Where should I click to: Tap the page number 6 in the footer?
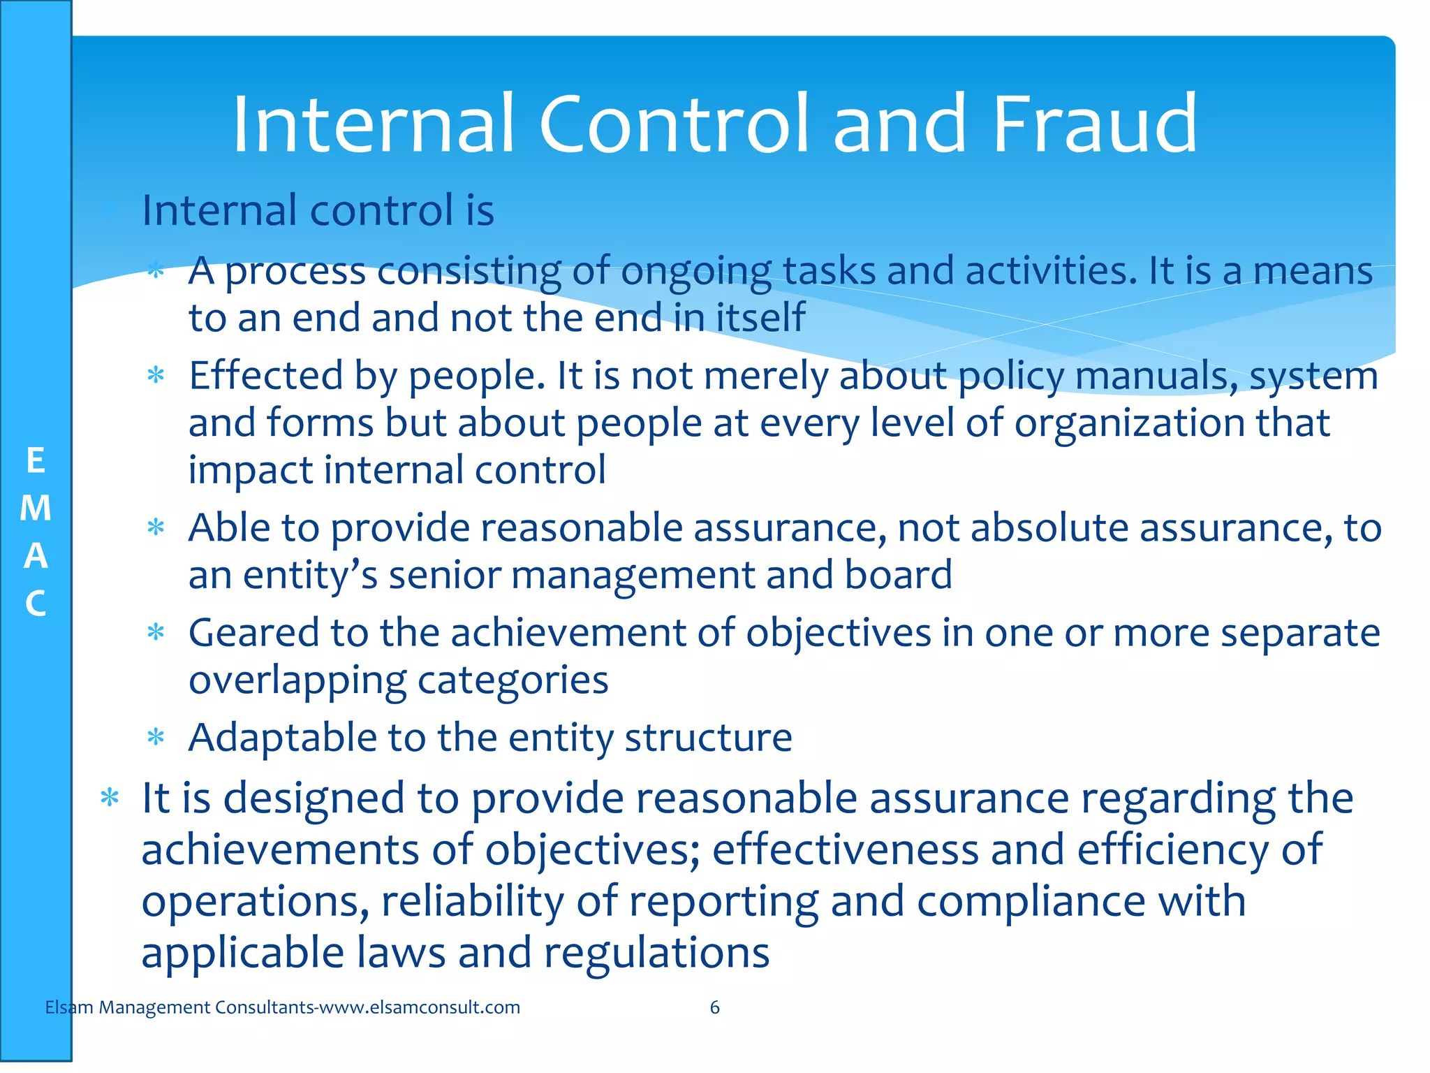pos(714,1007)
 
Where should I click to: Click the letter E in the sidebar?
pos(36,461)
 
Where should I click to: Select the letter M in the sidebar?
pos(36,508)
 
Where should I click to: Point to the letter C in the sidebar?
pos(36,604)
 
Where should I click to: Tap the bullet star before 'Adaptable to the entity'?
pos(156,738)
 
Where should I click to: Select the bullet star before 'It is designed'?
pos(110,798)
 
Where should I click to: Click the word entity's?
pos(310,575)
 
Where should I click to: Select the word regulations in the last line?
pos(656,953)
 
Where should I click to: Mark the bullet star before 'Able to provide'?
pos(156,528)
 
